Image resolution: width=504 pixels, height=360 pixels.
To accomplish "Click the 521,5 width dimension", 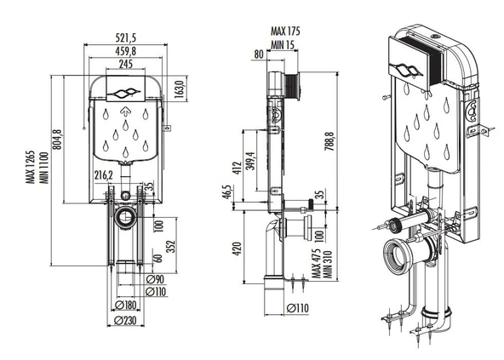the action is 126,38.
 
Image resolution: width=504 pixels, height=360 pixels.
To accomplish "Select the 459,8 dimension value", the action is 126,51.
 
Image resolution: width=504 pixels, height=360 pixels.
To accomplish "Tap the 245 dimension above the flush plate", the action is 126,64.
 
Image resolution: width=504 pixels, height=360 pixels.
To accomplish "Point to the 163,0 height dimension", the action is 180,89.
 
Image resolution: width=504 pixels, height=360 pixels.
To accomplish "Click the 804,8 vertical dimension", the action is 57,139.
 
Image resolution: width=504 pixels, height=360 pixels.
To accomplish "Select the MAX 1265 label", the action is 31,167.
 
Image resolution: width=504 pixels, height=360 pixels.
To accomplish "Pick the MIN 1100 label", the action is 44,168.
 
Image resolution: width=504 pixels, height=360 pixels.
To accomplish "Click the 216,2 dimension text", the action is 104,175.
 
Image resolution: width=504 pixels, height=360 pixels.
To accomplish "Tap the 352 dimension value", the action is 172,247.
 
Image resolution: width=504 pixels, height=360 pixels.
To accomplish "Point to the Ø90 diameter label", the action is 155,279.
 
